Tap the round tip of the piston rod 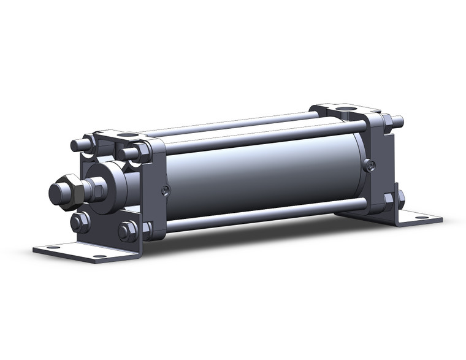tap(56, 193)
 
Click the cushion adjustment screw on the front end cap tap(165, 191)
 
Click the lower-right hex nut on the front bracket tap(128, 231)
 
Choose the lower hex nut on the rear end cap tap(389, 199)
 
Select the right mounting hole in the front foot tap(99, 256)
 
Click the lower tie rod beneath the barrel tap(264, 216)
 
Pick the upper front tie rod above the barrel tap(258, 136)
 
